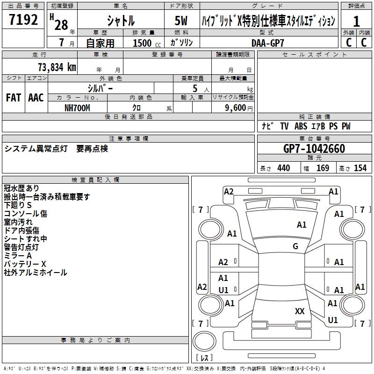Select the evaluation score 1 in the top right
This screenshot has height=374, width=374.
(x=356, y=22)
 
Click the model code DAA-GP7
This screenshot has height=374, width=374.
(x=267, y=43)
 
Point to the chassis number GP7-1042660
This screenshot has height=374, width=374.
(x=314, y=149)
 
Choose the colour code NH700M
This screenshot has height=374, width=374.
(x=77, y=108)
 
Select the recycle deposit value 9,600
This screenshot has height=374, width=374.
(x=234, y=108)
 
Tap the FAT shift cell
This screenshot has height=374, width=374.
(x=14, y=98)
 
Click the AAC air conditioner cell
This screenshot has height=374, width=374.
(x=36, y=98)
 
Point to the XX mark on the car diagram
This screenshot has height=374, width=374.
(x=300, y=311)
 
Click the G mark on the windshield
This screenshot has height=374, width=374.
(x=295, y=246)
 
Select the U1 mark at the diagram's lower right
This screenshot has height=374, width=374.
(x=333, y=320)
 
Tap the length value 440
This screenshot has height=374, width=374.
(x=283, y=168)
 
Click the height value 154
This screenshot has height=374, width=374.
(x=360, y=168)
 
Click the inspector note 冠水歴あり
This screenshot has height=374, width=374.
(x=22, y=188)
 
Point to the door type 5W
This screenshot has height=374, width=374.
(x=182, y=21)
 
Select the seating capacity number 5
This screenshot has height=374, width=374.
(x=194, y=88)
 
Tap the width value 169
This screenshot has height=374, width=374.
(x=323, y=168)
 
